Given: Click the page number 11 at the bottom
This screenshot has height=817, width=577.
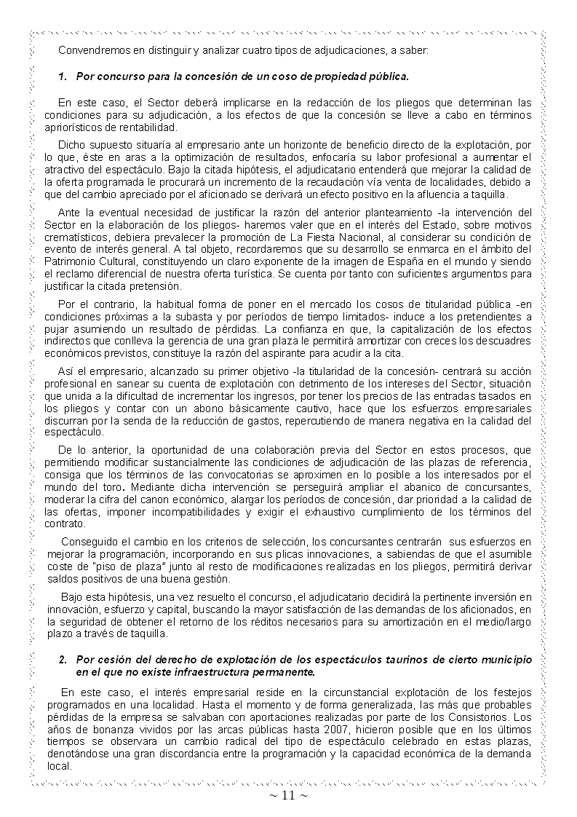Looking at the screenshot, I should click(288, 795).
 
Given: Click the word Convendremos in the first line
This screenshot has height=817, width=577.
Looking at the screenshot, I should click(92, 51).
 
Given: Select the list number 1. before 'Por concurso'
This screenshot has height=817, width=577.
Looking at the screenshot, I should click(63, 76).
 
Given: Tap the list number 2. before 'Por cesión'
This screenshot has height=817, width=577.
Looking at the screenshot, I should click(63, 659).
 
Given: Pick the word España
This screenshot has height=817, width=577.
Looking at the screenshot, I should click(395, 260).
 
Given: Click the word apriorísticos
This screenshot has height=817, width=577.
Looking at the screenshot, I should click(76, 127).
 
